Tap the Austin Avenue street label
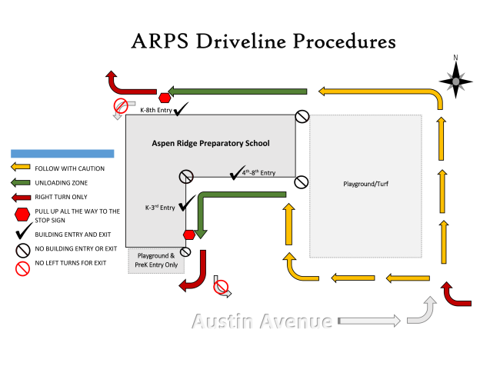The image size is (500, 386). tap(262, 321)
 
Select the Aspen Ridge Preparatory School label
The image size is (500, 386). tap(209, 144)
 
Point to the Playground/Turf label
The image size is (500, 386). tap(365, 184)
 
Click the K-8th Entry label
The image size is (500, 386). tap(156, 111)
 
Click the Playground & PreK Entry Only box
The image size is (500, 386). tap(157, 260)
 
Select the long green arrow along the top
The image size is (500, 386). tap(238, 92)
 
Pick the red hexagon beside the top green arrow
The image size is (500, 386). tap(165, 98)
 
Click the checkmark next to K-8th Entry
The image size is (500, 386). tap(182, 109)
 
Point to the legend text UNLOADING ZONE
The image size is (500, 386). tap(60, 182)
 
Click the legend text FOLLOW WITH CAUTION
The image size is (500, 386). tap(69, 168)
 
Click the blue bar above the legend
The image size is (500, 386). tap(62, 154)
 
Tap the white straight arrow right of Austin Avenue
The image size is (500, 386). tap(368, 321)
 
